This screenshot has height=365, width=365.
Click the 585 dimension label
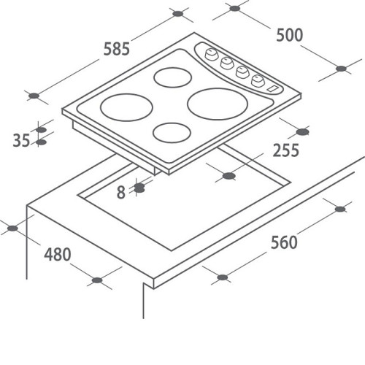(117, 49)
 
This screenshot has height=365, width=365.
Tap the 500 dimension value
(290, 35)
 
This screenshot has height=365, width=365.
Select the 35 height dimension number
(21, 140)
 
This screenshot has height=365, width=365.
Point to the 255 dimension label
(285, 150)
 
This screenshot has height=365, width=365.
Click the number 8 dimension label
(121, 192)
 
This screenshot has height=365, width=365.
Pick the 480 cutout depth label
(58, 254)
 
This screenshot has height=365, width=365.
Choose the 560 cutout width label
(284, 242)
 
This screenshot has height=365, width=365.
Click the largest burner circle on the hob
(218, 104)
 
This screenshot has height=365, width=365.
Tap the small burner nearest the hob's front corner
(172, 133)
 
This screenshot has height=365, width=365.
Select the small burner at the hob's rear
(173, 77)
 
